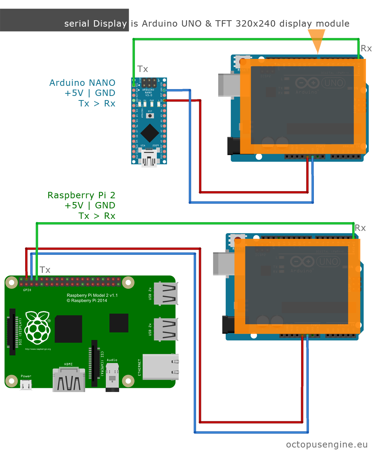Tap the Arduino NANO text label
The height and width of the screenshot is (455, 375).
pyautogui.click(x=82, y=83)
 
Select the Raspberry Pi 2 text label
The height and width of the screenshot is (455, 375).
pyautogui.click(x=81, y=195)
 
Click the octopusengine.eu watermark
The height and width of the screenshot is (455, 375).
pyautogui.click(x=327, y=445)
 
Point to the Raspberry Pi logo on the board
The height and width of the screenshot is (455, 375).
pyautogui.click(x=37, y=328)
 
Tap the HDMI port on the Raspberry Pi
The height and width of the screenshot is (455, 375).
pyautogui.click(x=69, y=380)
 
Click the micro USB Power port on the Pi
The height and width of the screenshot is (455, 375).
pyautogui.click(x=26, y=385)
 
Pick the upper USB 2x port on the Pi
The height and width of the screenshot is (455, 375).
pyautogui.click(x=165, y=293)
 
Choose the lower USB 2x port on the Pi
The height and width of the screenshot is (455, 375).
pyautogui.click(x=165, y=329)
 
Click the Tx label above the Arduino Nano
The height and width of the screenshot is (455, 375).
pyautogui.click(x=142, y=69)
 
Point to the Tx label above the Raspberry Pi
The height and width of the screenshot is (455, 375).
pyautogui.click(x=45, y=270)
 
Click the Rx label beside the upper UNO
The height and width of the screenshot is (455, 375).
pyautogui.click(x=366, y=48)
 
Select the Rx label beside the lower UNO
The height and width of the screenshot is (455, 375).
pyautogui.click(x=360, y=228)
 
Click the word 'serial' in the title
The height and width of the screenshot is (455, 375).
pyautogui.click(x=77, y=24)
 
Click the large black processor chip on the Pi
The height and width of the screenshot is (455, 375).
pyautogui.click(x=68, y=329)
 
